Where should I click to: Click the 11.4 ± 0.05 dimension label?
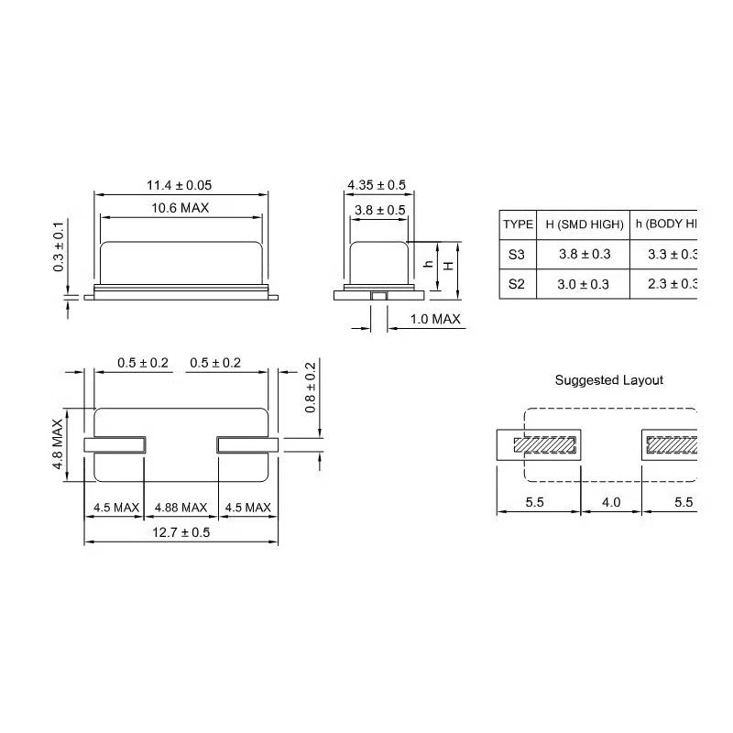(181, 186)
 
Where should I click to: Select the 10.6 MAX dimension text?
(181, 208)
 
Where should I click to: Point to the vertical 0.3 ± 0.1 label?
(59, 246)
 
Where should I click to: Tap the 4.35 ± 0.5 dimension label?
(377, 186)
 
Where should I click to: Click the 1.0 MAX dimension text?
(434, 320)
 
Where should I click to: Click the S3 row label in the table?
(518, 254)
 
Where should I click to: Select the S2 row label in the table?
(518, 284)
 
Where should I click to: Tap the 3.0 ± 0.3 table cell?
(585, 284)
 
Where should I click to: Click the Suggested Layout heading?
(609, 380)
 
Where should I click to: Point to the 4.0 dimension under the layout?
(611, 503)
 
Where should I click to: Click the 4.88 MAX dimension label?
(181, 508)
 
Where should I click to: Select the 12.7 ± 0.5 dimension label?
(181, 533)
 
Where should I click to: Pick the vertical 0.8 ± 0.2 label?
(310, 388)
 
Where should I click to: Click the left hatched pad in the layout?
(545, 446)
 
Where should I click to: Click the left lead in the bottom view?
(115, 445)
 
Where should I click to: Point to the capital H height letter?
(448, 265)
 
